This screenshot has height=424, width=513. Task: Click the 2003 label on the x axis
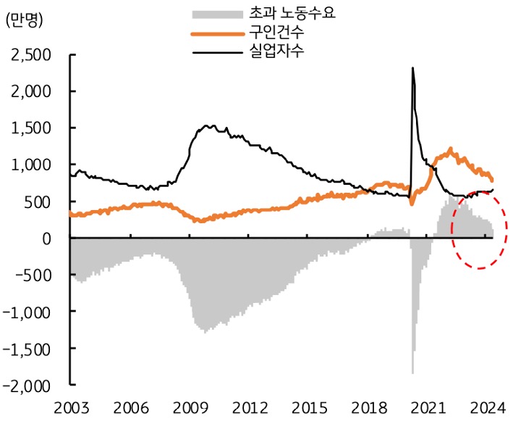click(70, 407)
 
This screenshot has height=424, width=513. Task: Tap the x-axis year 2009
click(191, 407)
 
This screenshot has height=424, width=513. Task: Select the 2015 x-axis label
click(312, 407)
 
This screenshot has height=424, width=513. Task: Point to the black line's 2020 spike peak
click(412, 68)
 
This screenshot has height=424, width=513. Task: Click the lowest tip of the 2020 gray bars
click(412, 373)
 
